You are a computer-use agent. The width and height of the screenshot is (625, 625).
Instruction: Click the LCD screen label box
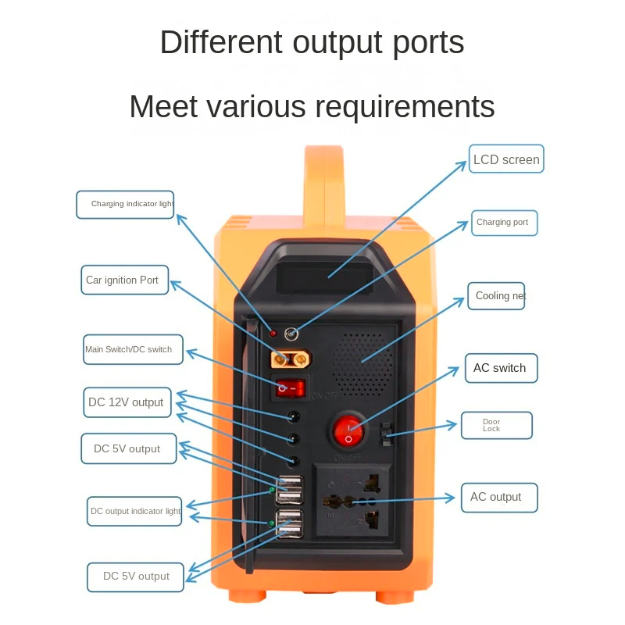point(505,159)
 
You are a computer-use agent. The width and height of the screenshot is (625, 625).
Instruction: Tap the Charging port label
point(504,223)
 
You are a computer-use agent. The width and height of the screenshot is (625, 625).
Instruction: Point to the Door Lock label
point(496,426)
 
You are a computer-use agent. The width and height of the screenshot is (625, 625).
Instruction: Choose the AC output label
point(498,497)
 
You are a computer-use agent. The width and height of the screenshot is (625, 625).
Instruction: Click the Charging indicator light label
point(125,204)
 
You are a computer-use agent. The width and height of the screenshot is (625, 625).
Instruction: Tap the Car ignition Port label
point(124,280)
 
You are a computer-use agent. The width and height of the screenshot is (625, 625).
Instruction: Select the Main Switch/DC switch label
point(132,349)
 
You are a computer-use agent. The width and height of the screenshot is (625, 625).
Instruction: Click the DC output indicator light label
point(134,511)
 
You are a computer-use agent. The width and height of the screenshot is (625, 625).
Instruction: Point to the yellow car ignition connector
point(287,359)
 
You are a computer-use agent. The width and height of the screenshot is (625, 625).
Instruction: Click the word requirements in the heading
point(397,106)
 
